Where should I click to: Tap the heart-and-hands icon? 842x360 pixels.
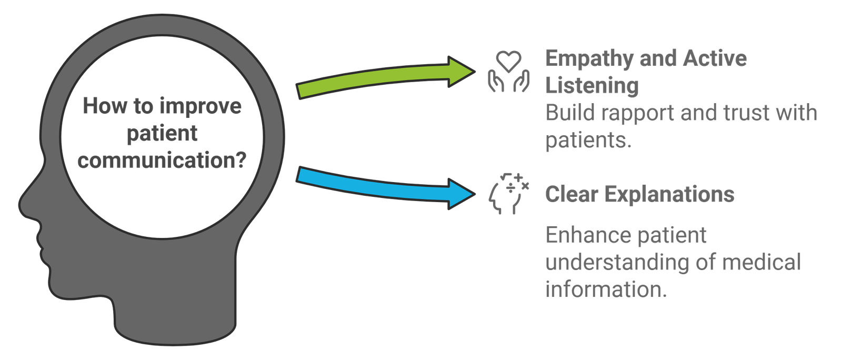(x=508, y=72)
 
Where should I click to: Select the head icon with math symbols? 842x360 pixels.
(x=508, y=194)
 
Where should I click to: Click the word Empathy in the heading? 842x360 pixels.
(x=589, y=59)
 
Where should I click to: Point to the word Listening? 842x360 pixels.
(x=592, y=86)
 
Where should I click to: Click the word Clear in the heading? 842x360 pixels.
(x=572, y=194)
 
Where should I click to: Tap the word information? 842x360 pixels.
(x=606, y=289)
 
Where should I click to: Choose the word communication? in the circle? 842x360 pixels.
(x=162, y=161)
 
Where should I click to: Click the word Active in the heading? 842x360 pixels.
(x=715, y=58)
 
